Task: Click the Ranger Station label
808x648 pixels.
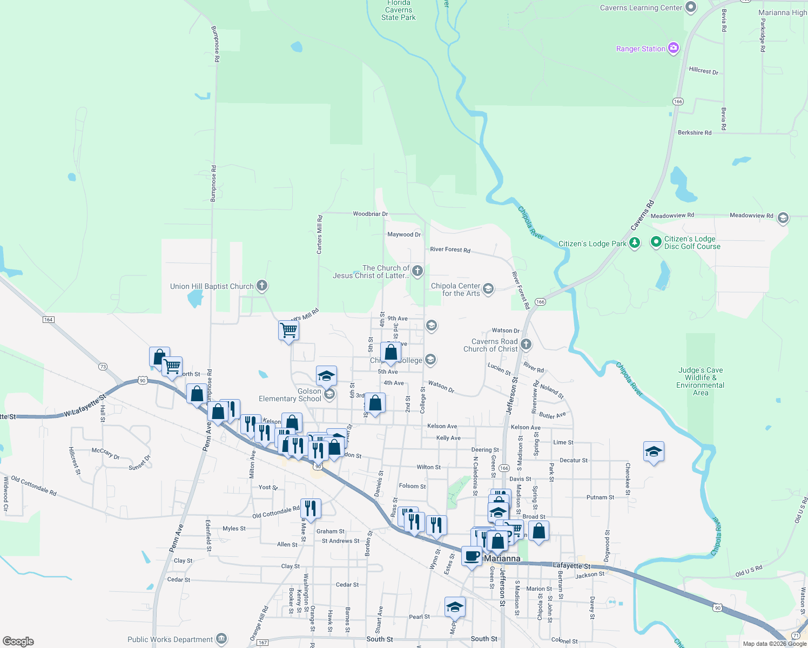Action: (x=641, y=49)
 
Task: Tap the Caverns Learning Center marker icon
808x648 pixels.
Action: (x=691, y=7)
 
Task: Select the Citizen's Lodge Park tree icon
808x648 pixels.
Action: (x=635, y=243)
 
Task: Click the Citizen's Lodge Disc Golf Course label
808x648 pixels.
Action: (x=692, y=242)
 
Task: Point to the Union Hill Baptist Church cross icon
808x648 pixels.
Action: (x=262, y=286)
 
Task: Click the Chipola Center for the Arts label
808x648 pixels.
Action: (x=455, y=289)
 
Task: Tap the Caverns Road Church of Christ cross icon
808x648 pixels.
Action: (x=526, y=344)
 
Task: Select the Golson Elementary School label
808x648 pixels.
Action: (x=290, y=395)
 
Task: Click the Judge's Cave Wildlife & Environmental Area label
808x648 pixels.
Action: (x=701, y=381)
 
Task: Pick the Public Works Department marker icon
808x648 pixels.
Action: (x=221, y=639)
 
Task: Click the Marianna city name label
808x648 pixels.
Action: (x=502, y=558)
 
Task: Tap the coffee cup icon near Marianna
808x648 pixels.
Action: (x=472, y=556)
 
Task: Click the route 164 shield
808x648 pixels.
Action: (x=48, y=320)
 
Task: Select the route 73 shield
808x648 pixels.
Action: (x=103, y=367)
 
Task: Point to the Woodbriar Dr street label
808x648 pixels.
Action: (x=370, y=214)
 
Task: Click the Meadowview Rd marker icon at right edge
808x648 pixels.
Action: (x=783, y=218)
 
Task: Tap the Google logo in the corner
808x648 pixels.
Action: (x=18, y=641)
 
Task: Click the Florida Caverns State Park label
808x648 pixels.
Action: (x=399, y=10)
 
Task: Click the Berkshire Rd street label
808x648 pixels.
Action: (x=695, y=132)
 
